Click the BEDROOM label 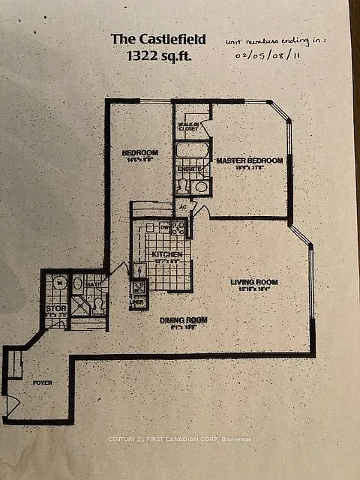click(x=139, y=153)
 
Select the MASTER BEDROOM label click(x=249, y=160)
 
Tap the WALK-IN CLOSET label click(x=189, y=127)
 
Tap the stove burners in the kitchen click(x=178, y=228)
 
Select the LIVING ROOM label click(x=253, y=283)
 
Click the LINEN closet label click(x=139, y=303)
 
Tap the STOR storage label click(x=55, y=307)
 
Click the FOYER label click(x=42, y=382)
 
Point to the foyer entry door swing click(x=11, y=405)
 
